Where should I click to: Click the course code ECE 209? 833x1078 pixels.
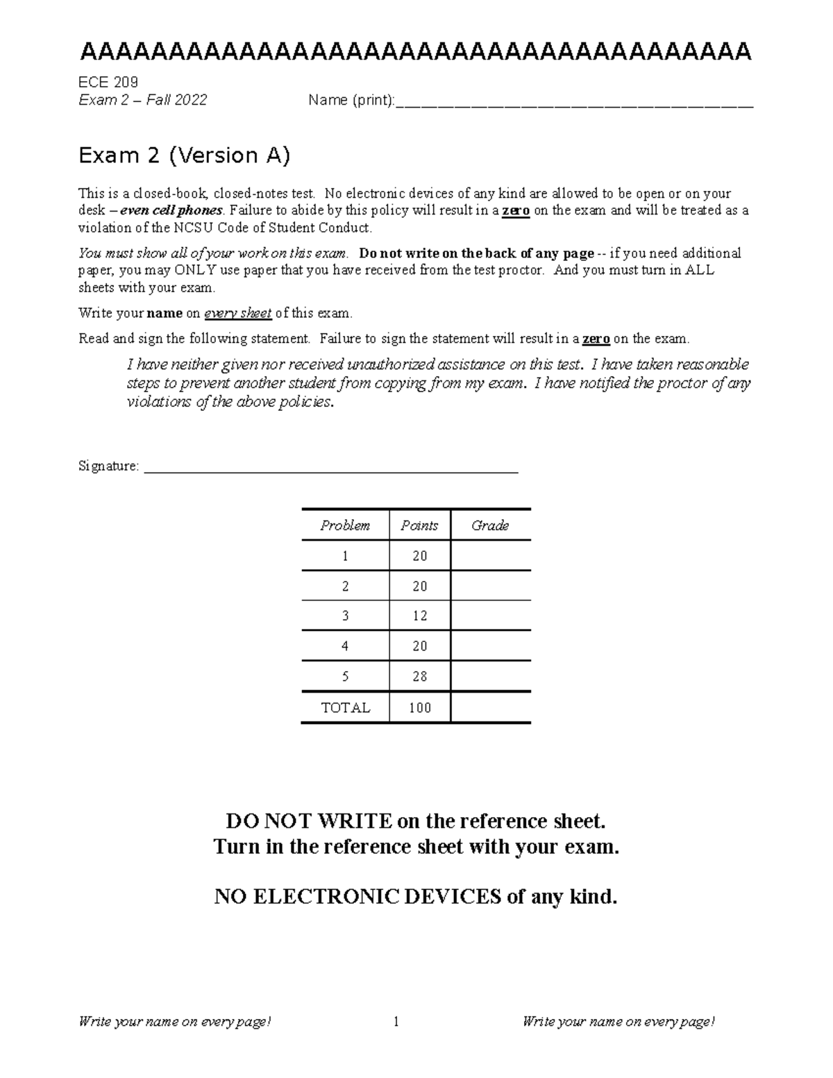(108, 83)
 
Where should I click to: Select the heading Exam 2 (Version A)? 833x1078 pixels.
(184, 155)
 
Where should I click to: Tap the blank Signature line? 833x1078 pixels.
(330, 468)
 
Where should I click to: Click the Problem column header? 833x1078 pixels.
(345, 525)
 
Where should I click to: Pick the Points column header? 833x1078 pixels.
(419, 525)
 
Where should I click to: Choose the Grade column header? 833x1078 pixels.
(490, 525)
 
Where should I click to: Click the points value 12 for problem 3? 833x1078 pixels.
(419, 616)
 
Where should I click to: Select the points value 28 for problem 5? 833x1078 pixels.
(419, 676)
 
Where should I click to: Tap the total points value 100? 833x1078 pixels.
(419, 708)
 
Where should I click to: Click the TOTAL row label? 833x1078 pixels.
(345, 708)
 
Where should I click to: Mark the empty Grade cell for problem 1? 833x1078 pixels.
(490, 556)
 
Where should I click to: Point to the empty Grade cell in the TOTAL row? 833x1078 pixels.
(490, 708)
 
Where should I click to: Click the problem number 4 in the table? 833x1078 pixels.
(345, 646)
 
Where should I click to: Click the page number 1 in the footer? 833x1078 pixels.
(396, 1021)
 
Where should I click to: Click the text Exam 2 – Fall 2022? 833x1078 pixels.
(143, 100)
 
